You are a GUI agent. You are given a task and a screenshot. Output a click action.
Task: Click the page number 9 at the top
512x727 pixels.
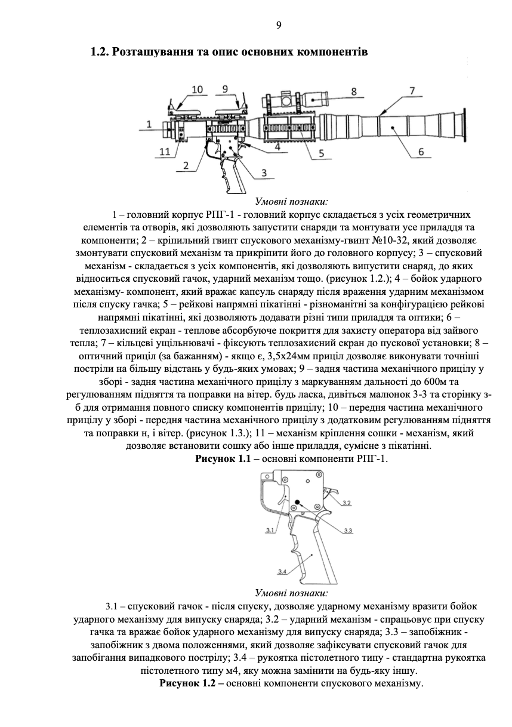tap(278, 25)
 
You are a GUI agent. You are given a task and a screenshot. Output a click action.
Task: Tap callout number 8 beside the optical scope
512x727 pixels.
tap(353, 91)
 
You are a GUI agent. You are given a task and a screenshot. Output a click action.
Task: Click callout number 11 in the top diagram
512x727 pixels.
tap(165, 152)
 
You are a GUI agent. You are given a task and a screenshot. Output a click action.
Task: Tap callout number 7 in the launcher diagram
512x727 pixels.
tap(412, 91)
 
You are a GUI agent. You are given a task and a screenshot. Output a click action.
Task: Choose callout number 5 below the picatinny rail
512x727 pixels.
tap(321, 153)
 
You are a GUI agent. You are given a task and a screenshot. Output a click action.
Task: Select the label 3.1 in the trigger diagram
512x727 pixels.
tap(269, 529)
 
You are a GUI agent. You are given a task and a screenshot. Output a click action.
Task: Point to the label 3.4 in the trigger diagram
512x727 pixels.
tap(282, 572)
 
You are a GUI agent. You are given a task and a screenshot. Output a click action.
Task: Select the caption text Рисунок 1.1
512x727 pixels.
tap(219, 458)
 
